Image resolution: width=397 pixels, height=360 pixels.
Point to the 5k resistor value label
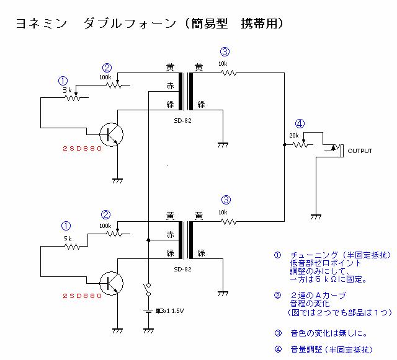(68, 239)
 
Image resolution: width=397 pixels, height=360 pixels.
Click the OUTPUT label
(360, 151)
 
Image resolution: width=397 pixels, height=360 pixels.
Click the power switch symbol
(148, 289)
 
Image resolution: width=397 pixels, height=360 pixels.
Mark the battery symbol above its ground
(148, 312)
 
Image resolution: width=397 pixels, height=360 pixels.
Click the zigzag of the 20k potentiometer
(300, 145)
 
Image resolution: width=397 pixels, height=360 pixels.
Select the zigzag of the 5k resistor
(73, 247)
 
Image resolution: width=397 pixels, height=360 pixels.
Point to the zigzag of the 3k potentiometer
(73, 99)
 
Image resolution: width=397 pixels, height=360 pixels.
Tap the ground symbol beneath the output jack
(316, 216)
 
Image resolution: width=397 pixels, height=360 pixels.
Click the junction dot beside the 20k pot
(284, 145)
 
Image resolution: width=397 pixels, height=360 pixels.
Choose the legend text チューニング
(316, 255)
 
